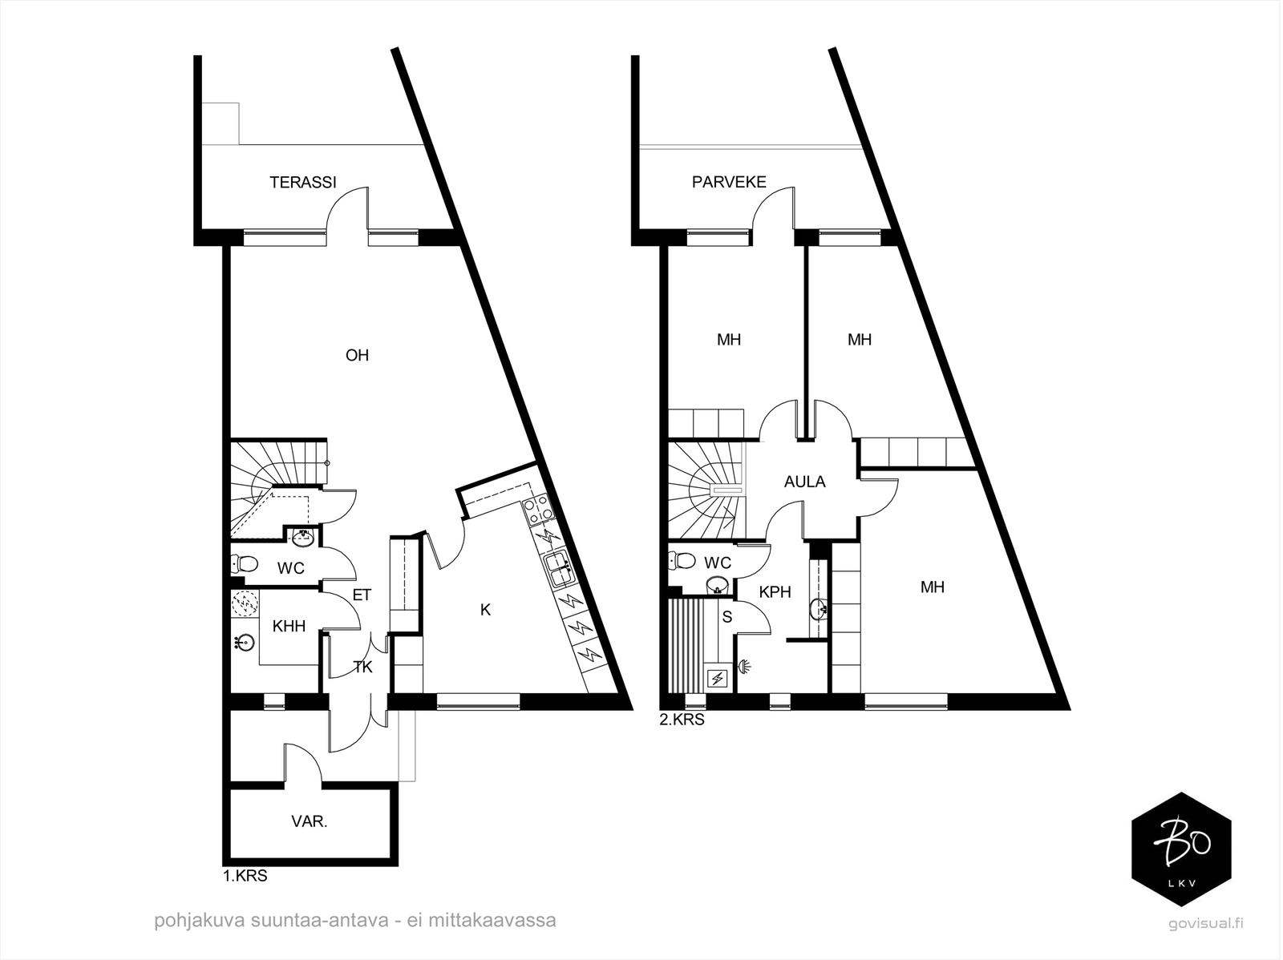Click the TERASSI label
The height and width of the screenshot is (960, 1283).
[303, 182]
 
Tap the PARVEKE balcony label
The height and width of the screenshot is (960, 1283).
[729, 182]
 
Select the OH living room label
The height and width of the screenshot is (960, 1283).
[357, 356]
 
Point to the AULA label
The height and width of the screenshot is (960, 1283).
[805, 482]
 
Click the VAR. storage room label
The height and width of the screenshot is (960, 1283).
[310, 821]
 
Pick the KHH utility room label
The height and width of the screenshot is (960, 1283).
[289, 627]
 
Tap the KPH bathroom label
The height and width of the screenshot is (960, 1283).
[775, 592]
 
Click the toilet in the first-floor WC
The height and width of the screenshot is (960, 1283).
[245, 564]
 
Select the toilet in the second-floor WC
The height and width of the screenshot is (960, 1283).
[682, 561]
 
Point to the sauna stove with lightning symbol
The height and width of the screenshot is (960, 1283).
[717, 678]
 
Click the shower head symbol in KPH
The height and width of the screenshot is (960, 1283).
[745, 666]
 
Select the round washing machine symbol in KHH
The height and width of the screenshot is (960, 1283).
[245, 604]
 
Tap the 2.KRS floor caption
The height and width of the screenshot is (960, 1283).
[682, 720]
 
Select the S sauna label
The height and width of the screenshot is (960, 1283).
[727, 618]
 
